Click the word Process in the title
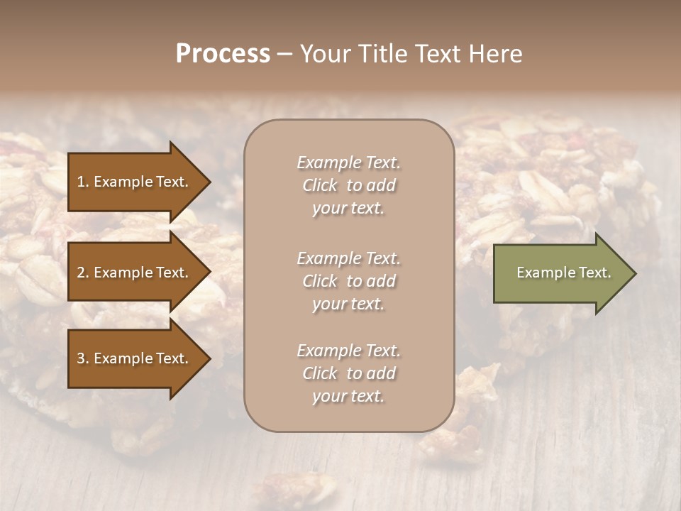223,54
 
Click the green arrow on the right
560,273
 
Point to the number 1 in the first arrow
80,182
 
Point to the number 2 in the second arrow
81,273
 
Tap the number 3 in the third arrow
81,358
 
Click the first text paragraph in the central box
348,185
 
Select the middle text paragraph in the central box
348,281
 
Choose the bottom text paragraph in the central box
348,373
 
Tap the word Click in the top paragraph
320,185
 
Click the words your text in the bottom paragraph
348,396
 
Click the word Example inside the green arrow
539,273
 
